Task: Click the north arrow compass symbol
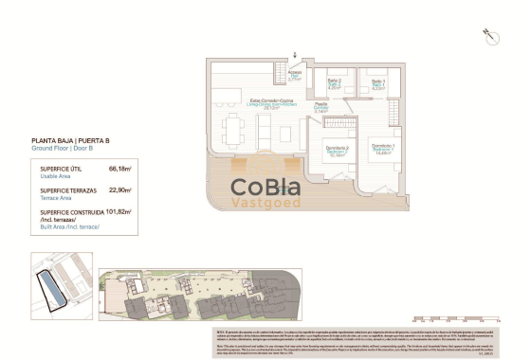point(490,35)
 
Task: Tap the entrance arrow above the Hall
point(294,57)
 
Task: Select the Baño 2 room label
point(334,83)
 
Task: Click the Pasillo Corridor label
point(322,107)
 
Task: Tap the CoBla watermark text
point(266,186)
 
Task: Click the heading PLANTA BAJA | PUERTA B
point(68,141)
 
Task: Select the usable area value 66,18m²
point(120,169)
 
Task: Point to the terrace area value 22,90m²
point(120,190)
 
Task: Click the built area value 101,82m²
point(118,212)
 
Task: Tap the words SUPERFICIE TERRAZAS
point(68,190)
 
